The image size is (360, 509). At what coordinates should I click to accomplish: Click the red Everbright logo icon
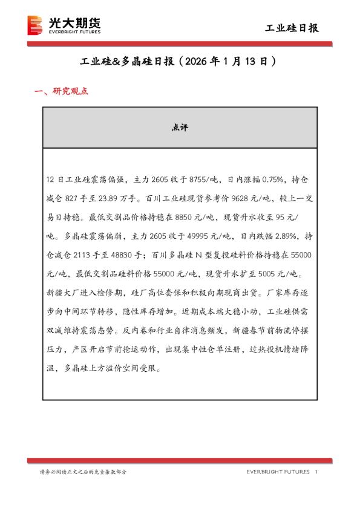[36, 25]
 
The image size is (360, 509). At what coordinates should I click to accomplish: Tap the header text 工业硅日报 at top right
[292, 28]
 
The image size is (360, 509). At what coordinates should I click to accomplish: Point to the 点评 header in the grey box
[180, 128]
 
